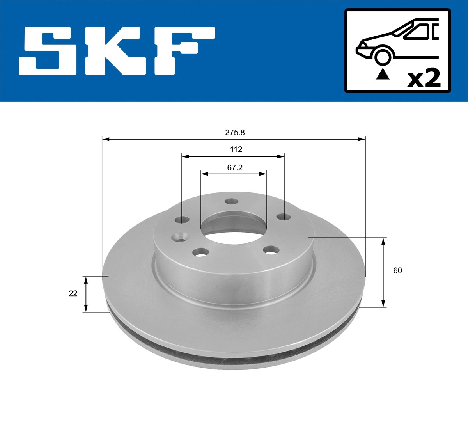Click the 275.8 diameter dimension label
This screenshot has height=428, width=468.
[x=235, y=132]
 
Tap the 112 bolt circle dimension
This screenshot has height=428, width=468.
[x=236, y=149]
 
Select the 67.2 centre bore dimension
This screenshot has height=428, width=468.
[x=235, y=167]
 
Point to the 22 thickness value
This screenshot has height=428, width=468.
[x=73, y=293]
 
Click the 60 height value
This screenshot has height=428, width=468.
[x=397, y=270]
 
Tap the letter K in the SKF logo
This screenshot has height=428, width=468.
[x=113, y=51]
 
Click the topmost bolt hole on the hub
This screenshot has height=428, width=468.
[x=232, y=202]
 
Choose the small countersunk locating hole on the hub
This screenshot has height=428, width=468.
[x=181, y=236]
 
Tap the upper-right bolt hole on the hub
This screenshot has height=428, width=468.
[x=283, y=217]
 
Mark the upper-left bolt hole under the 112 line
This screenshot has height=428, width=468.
[x=182, y=219]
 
